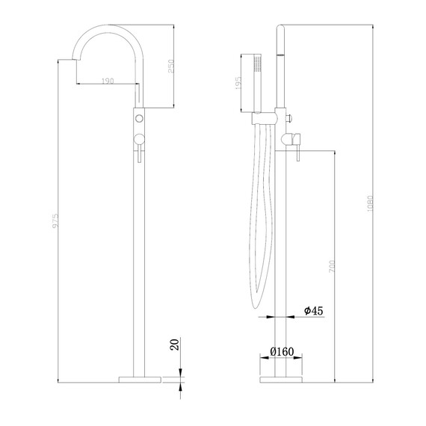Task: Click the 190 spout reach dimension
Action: pyautogui.click(x=107, y=81)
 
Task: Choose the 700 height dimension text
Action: pyautogui.click(x=330, y=265)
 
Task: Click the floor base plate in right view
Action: pyautogui.click(x=280, y=380)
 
